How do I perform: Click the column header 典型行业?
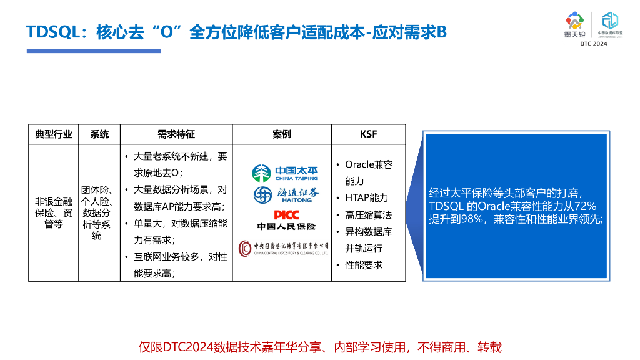pos(54,134)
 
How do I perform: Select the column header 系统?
pos(99,134)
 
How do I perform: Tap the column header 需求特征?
pos(176,134)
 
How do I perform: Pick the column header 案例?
pos(282,134)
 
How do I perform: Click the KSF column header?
pos(369,134)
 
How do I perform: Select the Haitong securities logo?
pos(285,195)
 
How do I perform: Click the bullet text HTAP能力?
pos(366,197)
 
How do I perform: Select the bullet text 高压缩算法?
pos(368,215)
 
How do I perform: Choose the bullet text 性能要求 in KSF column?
pos(364,265)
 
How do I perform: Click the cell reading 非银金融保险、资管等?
pos(54,212)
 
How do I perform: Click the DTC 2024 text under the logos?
pos(593,44)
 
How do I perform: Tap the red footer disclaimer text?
pos(320,347)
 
